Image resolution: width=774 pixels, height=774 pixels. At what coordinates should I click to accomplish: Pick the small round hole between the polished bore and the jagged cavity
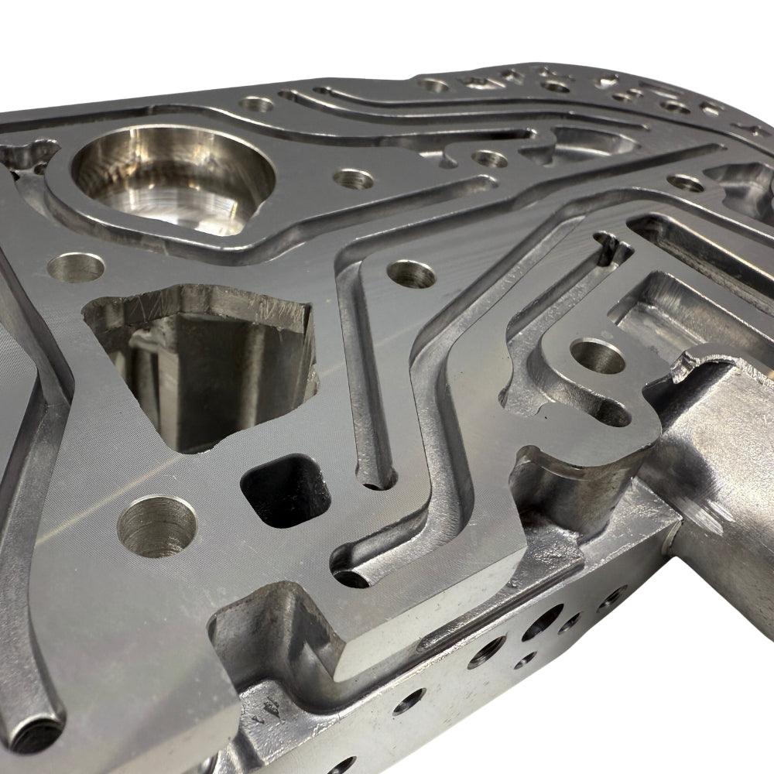click(76, 268)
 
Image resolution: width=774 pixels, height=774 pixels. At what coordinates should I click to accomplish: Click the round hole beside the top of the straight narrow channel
click(411, 273)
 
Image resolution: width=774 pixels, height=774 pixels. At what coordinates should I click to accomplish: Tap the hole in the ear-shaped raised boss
click(596, 358)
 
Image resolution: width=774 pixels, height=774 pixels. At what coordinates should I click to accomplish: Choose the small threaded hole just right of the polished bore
click(353, 179)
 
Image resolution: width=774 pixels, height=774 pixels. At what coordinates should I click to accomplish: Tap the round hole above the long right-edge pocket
click(686, 183)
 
